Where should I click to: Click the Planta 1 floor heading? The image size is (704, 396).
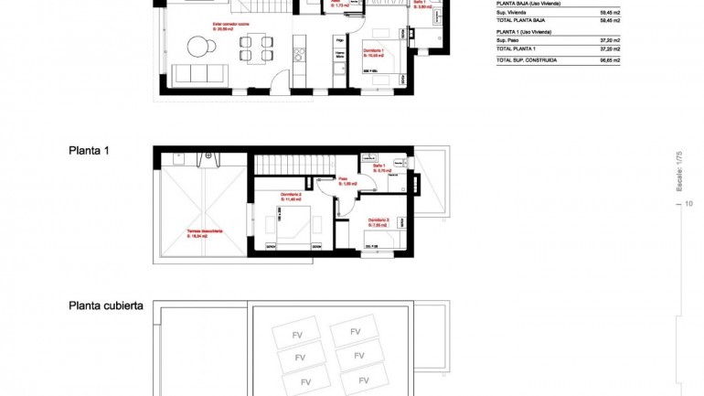click(89, 150)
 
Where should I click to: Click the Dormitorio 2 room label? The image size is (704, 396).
click(292, 197)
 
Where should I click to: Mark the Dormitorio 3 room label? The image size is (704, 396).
click(379, 221)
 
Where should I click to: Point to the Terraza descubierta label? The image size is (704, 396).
click(204, 233)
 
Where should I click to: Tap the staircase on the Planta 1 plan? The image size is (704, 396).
click(286, 165)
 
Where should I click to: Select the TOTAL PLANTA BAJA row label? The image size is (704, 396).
click(522, 19)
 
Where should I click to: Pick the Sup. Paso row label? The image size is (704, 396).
click(512, 41)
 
